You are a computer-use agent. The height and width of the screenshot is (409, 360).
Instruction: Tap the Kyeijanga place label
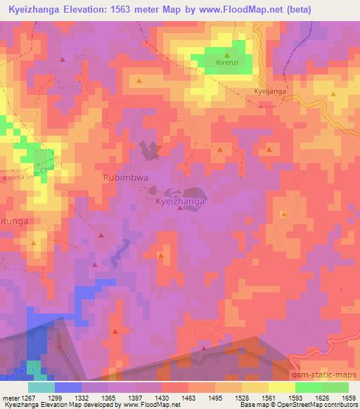(x=270, y=91)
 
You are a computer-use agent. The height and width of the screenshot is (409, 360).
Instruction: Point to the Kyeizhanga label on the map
(x=180, y=201)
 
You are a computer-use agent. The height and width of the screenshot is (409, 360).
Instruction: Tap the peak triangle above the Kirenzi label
(x=227, y=54)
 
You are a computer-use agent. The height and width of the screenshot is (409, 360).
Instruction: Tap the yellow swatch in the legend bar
(x=281, y=387)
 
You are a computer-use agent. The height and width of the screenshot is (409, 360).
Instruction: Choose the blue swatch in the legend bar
(x=67, y=387)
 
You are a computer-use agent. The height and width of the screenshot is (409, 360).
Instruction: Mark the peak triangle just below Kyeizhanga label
(x=180, y=209)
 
